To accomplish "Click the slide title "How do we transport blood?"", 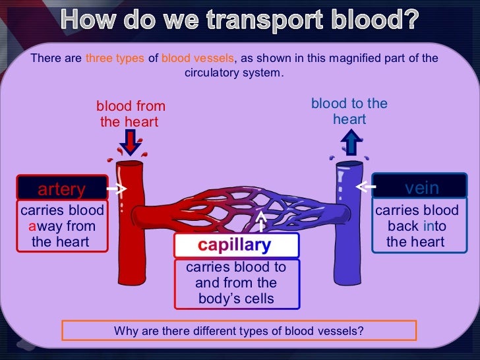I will [240, 22].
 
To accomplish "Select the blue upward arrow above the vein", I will [351, 141].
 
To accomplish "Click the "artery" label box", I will [62, 189].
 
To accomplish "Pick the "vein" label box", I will [421, 189].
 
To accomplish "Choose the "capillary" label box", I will [236, 246].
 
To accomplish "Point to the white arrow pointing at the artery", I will [117, 189].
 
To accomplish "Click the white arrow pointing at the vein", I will [365, 188].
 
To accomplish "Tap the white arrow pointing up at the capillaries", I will [262, 221].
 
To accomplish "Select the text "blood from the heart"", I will [131, 114].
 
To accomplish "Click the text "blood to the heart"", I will [349, 111].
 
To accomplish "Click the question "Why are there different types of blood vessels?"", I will [239, 330].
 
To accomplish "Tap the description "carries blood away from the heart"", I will [62, 226].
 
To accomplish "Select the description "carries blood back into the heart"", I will [416, 226].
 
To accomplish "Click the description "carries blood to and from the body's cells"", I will [236, 283].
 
